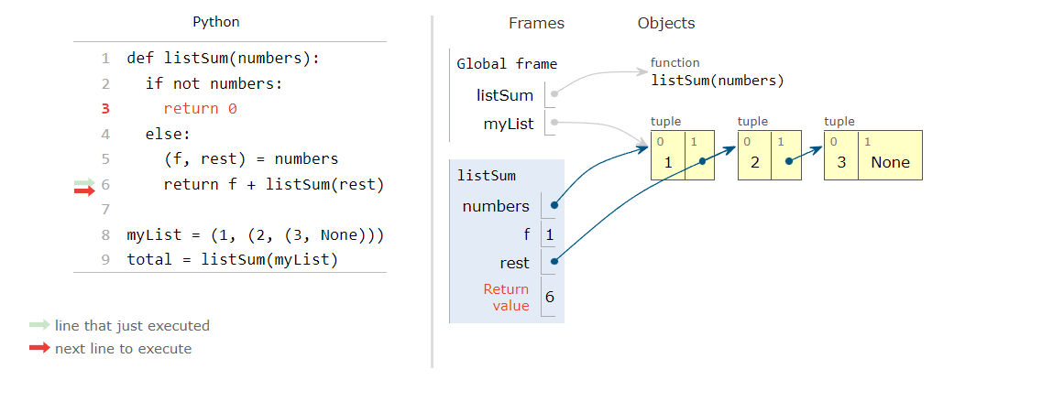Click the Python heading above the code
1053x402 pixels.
(x=216, y=22)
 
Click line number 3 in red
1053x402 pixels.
(x=105, y=108)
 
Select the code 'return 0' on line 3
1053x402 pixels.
(x=200, y=108)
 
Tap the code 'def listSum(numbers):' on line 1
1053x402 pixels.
(x=224, y=59)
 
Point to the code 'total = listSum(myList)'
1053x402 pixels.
(x=233, y=259)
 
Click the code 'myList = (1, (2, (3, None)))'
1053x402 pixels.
(x=255, y=234)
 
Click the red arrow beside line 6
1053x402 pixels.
(x=84, y=190)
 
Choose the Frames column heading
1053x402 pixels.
(x=536, y=23)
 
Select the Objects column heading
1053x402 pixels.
(x=666, y=23)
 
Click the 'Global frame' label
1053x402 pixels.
(x=507, y=64)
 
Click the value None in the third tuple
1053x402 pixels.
(x=890, y=162)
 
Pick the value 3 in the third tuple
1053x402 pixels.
(x=840, y=162)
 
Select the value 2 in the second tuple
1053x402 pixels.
(x=754, y=162)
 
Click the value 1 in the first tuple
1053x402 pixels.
(x=667, y=162)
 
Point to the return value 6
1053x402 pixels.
(x=549, y=297)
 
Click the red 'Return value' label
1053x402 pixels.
(x=506, y=297)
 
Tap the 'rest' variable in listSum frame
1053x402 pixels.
(x=514, y=263)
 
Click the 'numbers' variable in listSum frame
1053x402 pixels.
(x=496, y=206)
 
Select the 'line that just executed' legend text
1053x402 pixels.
(x=132, y=325)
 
